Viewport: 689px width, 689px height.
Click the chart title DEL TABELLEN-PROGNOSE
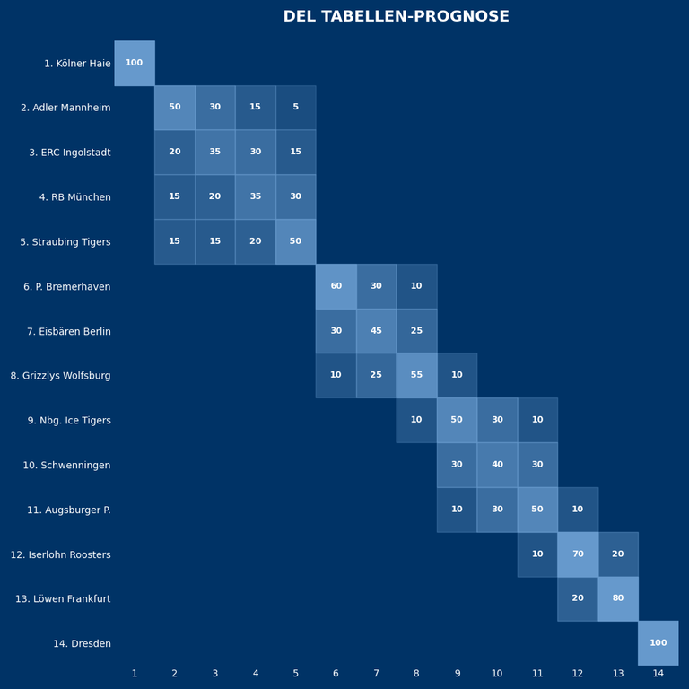(x=396, y=17)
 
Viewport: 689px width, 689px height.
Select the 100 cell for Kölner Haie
(x=135, y=63)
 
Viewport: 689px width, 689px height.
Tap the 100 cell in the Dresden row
(x=658, y=643)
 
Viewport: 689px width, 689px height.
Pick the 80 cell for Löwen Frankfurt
(x=617, y=598)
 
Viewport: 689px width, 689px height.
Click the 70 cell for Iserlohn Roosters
(x=577, y=554)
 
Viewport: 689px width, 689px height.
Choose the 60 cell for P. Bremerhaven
(x=336, y=286)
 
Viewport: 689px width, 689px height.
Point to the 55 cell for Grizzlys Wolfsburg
(x=416, y=375)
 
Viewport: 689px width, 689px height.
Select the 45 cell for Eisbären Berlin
(x=376, y=331)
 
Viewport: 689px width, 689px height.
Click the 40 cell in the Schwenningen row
(x=497, y=465)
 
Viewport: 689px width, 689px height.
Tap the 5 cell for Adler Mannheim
(x=295, y=108)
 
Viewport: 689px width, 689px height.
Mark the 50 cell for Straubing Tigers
(x=295, y=241)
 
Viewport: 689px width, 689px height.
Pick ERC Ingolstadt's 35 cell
(x=215, y=153)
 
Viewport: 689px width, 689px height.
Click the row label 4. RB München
(x=74, y=197)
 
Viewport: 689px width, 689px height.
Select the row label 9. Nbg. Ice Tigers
(x=69, y=421)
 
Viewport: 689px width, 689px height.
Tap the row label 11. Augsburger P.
(x=69, y=510)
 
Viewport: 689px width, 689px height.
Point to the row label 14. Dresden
(x=82, y=643)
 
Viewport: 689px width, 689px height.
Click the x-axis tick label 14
(x=658, y=674)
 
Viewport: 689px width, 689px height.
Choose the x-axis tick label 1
(x=135, y=674)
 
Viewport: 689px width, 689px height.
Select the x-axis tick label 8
(x=416, y=674)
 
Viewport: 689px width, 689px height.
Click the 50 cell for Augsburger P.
(x=536, y=510)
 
